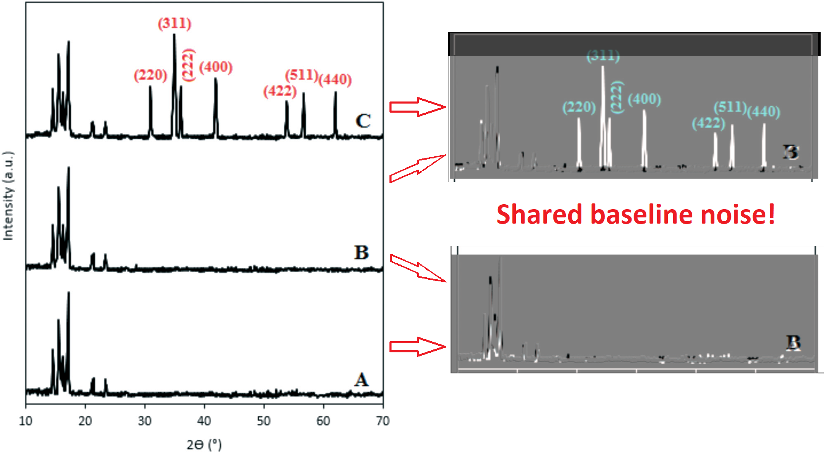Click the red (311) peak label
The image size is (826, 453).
tap(174, 23)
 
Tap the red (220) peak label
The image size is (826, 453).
tap(150, 75)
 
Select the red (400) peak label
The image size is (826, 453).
tap(216, 67)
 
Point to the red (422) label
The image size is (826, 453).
tap(280, 91)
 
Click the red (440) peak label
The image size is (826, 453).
tap(335, 79)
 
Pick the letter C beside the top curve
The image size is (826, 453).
tap(363, 121)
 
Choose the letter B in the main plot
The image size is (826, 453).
tap(361, 252)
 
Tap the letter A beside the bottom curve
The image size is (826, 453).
tap(361, 380)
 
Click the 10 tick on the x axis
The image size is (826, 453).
tap(26, 421)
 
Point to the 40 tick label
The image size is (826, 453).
tap(204, 421)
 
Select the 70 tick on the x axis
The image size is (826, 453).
tap(383, 421)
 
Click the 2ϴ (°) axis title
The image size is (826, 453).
tap(204, 444)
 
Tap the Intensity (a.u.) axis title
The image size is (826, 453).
tap(8, 196)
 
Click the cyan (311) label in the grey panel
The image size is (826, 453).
tap(603, 56)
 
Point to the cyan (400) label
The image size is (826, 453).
tap(644, 99)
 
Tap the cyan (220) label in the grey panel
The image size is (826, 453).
tap(579, 108)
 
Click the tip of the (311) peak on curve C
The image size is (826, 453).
tap(174, 35)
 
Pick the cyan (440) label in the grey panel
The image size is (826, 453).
tap(764, 112)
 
